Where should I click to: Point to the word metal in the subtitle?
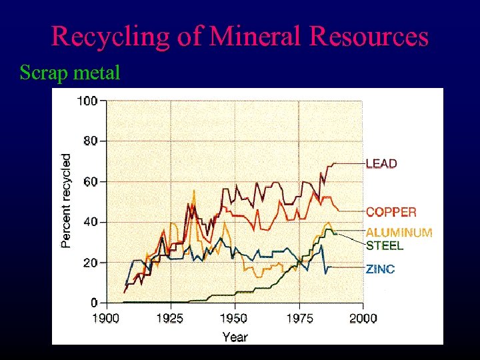point(96,72)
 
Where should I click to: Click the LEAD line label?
point(381,163)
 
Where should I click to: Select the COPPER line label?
point(391,212)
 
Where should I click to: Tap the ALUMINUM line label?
point(399,233)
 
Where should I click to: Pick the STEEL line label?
point(385,245)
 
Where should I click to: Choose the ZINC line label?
point(380,269)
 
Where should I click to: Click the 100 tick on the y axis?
point(88,101)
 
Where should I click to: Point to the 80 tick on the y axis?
point(91,141)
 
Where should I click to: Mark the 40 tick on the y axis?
point(91,222)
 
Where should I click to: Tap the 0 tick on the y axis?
point(94,303)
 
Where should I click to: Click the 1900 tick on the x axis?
point(106,318)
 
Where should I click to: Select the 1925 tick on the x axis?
point(169,318)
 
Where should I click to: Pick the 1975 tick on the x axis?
point(299,318)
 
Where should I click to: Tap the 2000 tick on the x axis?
point(363,318)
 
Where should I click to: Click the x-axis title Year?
point(235,337)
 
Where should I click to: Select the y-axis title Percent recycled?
point(66,201)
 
